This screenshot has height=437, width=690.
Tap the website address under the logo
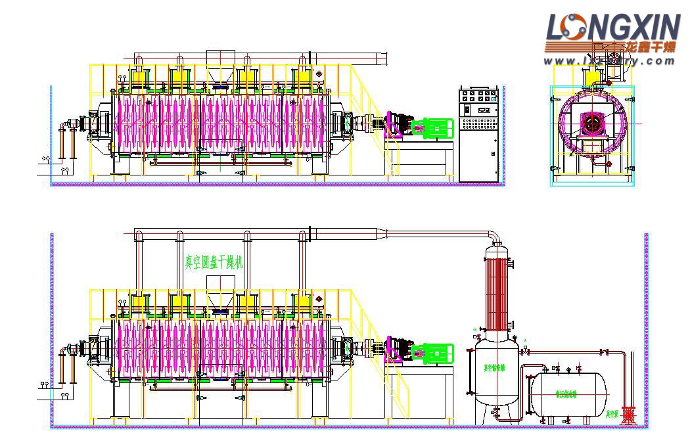[609, 61]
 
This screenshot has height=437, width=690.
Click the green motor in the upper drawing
[432, 127]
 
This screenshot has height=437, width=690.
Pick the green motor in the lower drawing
[432, 354]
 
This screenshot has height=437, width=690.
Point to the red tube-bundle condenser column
[499, 289]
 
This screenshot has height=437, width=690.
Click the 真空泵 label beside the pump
[612, 414]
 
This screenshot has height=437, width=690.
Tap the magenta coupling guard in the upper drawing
[396, 125]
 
